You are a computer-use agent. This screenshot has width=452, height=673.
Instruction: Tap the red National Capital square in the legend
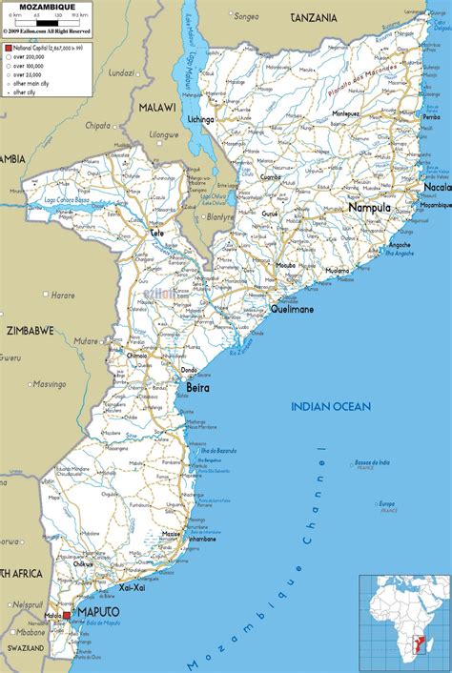(9, 46)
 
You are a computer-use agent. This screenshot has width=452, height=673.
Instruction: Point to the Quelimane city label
(294, 308)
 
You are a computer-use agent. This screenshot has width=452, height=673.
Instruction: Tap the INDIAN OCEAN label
(330, 407)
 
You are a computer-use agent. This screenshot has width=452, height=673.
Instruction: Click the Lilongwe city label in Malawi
(163, 135)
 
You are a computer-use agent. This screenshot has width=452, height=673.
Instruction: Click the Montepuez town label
(344, 113)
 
